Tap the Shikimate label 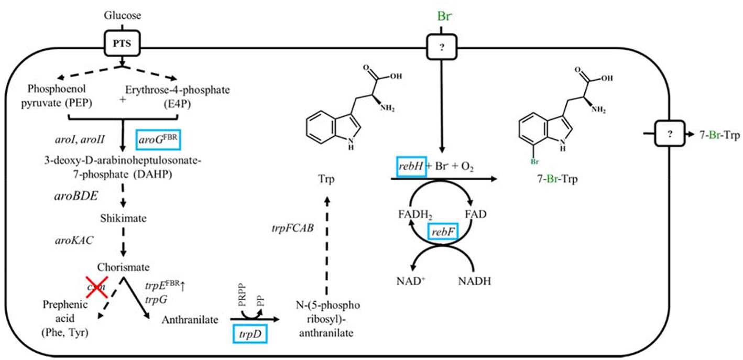(122, 216)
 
